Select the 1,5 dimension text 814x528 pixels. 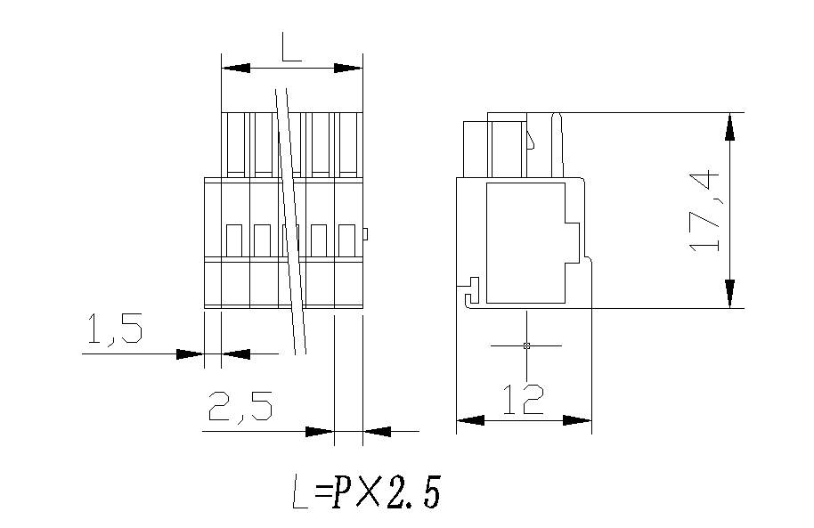(x=113, y=330)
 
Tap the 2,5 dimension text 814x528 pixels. (x=240, y=408)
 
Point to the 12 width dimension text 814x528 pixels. (x=522, y=400)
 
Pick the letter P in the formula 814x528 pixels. (x=344, y=492)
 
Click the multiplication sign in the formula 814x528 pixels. (x=370, y=492)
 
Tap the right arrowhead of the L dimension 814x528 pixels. (x=349, y=69)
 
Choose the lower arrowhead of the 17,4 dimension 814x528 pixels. (x=730, y=293)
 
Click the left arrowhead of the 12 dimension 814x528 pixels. (x=470, y=420)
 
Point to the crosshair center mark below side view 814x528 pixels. (x=526, y=345)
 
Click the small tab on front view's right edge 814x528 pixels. (x=365, y=234)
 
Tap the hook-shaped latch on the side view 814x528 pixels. (x=469, y=291)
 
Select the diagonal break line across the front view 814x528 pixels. (x=290, y=223)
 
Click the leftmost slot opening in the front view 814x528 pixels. (x=234, y=240)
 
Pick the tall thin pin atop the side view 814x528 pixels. (x=558, y=142)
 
